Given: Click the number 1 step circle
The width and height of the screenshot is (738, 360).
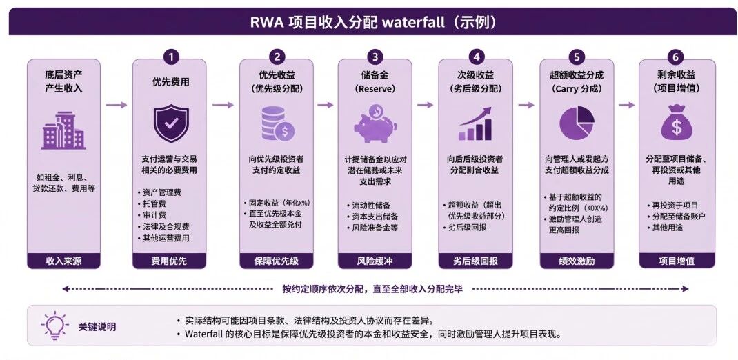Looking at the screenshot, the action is point(171,57).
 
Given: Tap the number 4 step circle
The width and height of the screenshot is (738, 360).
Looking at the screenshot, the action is point(477,57).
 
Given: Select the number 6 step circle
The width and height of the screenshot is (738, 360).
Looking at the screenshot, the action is point(676,57).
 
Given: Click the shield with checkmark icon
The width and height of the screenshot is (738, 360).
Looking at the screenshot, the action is point(171,123).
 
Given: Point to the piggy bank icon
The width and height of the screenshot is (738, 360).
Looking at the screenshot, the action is point(375,123).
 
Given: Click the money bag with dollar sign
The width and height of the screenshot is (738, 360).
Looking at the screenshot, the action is point(677,122).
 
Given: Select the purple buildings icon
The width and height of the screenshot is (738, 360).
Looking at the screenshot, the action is point(63,130).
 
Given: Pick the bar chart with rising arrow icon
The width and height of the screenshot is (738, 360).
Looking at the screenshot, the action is point(475,123).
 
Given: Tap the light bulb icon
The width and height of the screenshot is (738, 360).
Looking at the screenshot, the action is point(54,326).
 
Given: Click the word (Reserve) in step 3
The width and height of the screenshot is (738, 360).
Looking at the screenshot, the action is point(375,88).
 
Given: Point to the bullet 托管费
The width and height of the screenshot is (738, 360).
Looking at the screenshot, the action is point(154,203).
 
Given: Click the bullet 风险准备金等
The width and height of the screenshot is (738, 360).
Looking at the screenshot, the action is point(372,228).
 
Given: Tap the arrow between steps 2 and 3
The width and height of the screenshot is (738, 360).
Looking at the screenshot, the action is point(326,105).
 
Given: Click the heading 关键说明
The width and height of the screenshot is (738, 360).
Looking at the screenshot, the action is point(97,327).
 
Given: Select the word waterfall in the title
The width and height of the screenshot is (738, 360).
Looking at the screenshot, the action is point(412,21).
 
